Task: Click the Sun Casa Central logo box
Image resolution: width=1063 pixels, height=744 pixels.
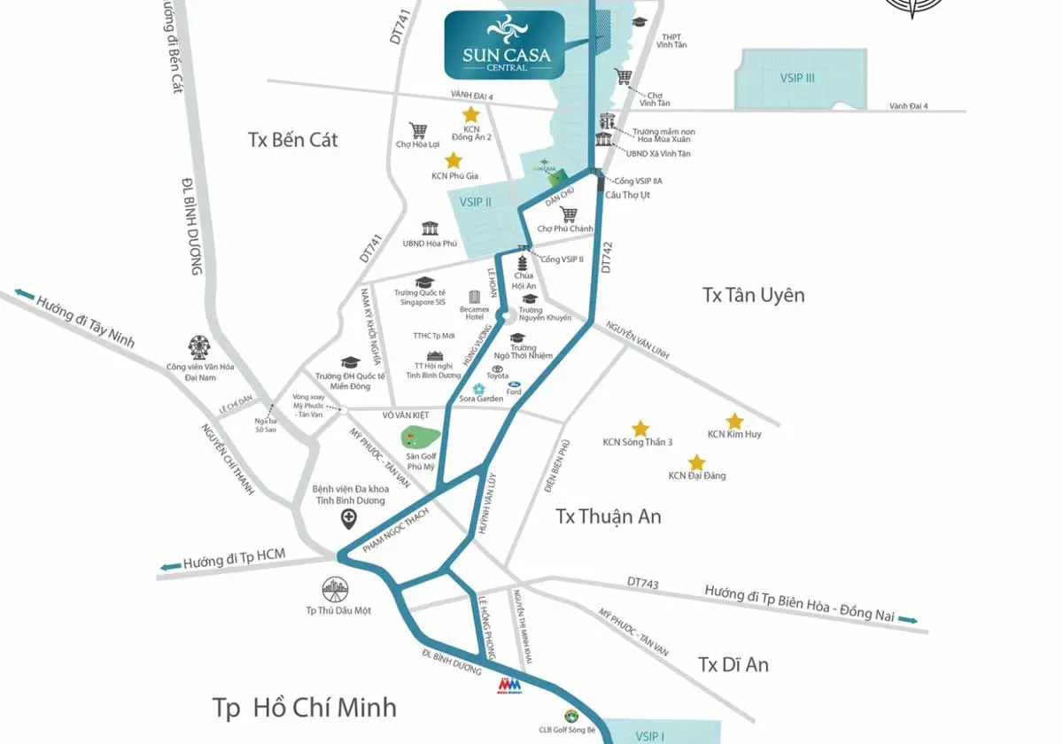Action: coord(506,44)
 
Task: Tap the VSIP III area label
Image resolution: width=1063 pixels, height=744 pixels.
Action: coord(797,78)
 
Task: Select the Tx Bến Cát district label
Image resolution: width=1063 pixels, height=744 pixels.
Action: coord(292,140)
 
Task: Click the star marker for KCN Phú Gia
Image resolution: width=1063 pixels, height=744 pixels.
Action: coord(454,160)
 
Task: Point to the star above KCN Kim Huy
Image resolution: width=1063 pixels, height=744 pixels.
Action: coord(734,421)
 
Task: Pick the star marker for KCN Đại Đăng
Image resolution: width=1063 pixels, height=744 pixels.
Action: coord(696,462)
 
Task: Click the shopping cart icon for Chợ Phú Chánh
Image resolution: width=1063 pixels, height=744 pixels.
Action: coord(569,214)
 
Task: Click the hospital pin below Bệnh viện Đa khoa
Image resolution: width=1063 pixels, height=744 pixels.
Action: coord(350,519)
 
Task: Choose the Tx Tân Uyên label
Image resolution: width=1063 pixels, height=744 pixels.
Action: coord(753,295)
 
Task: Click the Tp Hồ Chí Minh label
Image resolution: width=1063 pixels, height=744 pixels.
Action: coord(304,708)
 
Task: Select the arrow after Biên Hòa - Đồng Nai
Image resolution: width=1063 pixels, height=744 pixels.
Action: coord(908,620)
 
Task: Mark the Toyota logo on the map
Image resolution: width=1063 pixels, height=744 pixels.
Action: coord(498,368)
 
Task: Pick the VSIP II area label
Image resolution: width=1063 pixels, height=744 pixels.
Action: coord(476,202)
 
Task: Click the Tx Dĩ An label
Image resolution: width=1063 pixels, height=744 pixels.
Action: coord(733,664)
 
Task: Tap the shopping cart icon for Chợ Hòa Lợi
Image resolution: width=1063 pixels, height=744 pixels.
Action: coord(418,129)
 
